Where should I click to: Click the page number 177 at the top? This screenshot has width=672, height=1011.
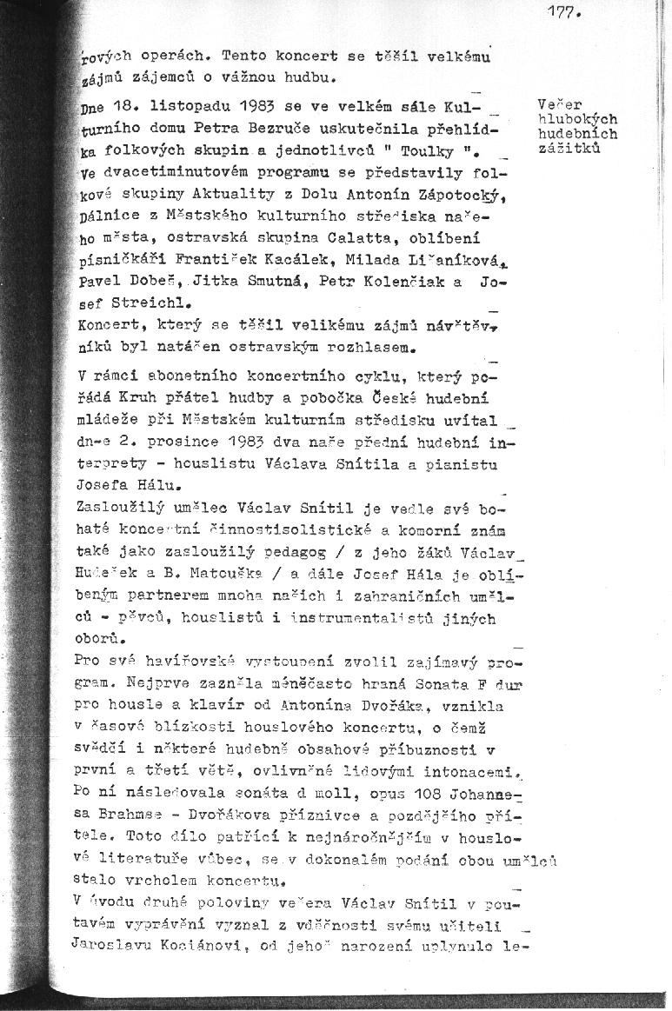(563, 12)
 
